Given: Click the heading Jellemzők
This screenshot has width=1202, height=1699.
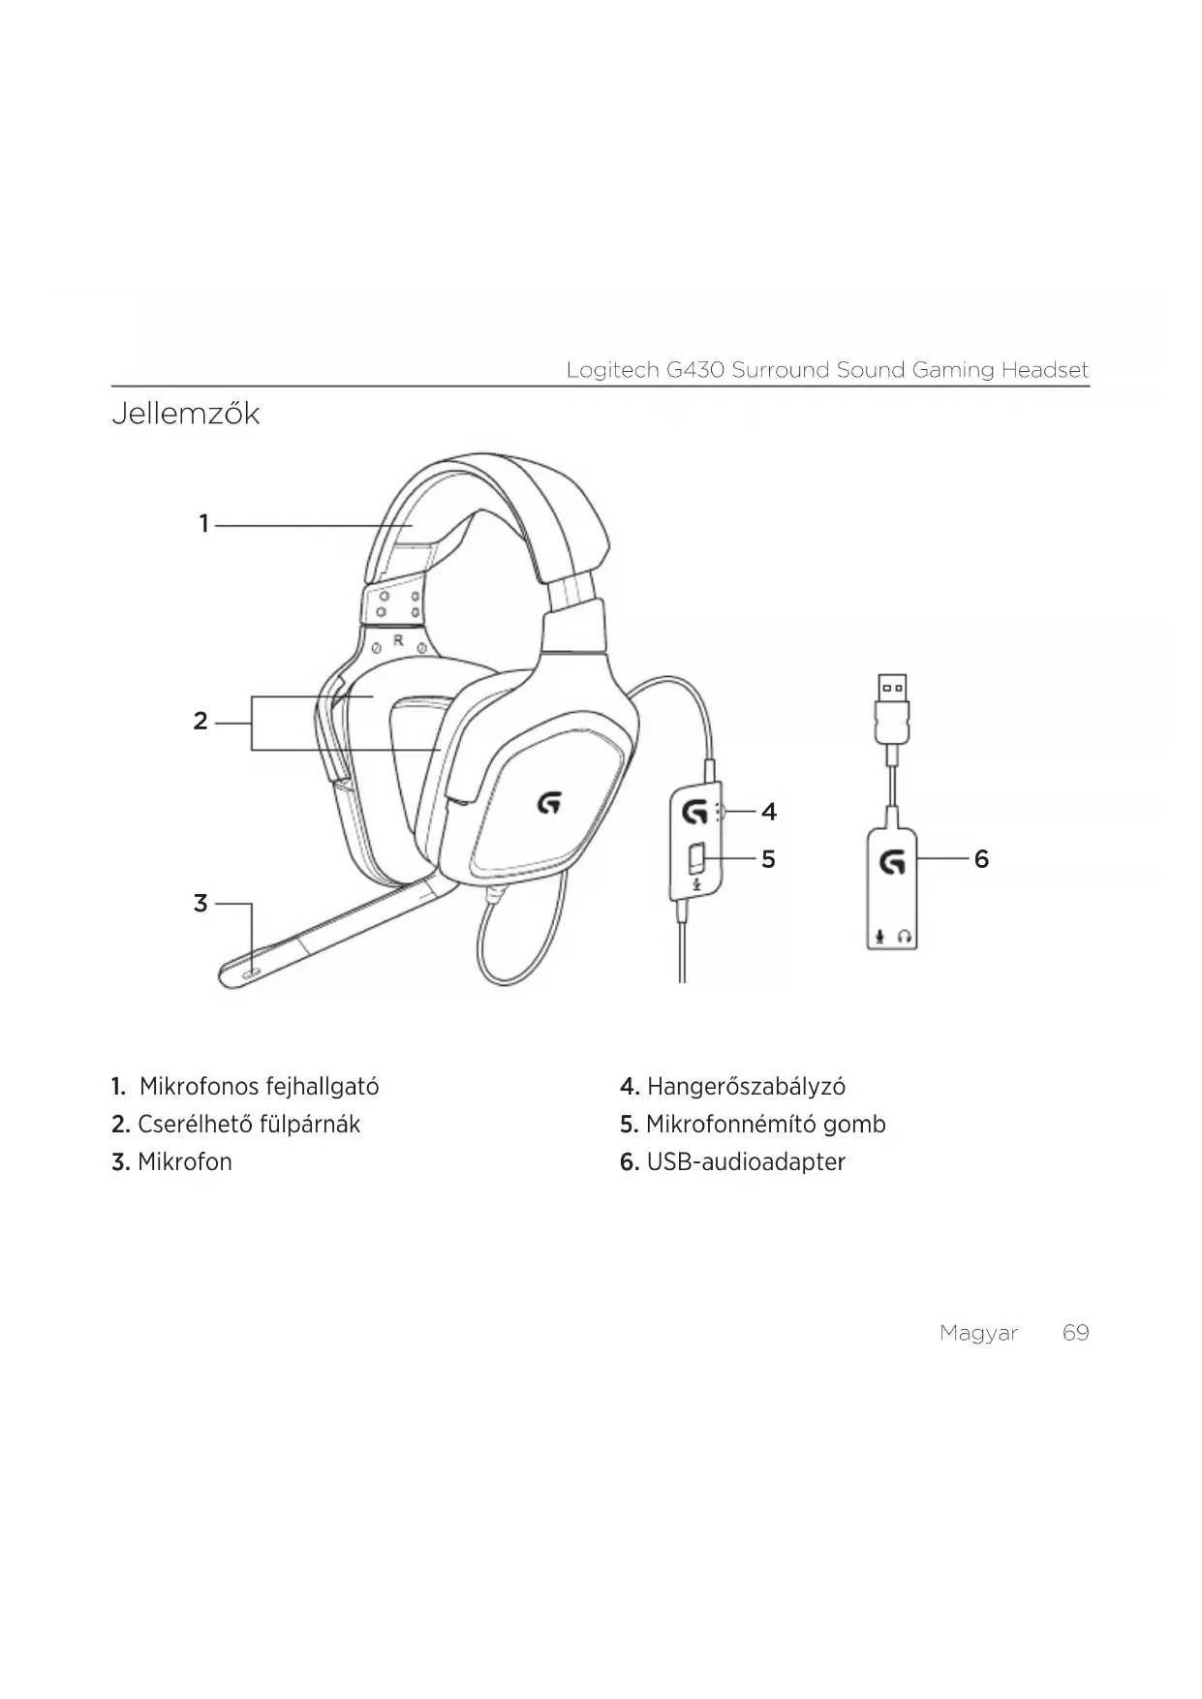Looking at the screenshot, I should tap(186, 414).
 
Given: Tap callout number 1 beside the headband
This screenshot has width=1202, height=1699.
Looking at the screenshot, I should tap(204, 524).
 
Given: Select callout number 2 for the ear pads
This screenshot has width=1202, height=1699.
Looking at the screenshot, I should tap(200, 722).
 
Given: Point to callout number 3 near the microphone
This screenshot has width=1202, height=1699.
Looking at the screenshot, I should tap(200, 904).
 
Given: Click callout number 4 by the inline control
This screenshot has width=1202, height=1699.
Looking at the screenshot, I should tap(769, 812).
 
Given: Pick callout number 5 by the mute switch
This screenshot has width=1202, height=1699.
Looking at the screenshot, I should tap(768, 859).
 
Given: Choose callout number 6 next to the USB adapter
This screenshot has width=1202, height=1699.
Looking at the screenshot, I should tap(981, 859).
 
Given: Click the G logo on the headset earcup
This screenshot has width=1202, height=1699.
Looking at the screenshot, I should tap(549, 802).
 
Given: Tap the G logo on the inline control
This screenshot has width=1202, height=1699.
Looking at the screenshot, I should tap(693, 812).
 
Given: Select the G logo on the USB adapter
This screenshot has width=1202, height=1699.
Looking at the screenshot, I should tap(892, 861).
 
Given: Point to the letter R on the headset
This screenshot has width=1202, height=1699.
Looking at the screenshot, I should tap(398, 641).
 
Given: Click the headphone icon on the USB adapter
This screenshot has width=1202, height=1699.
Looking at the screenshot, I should tap(905, 937).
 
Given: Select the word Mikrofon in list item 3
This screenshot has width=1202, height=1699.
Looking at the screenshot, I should tap(185, 1162).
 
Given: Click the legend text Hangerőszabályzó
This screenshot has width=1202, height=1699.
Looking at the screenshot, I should tap(746, 1087).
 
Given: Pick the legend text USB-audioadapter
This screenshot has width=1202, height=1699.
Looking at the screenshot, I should tap(746, 1162).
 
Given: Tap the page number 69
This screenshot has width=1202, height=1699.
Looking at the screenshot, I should tap(1075, 1333).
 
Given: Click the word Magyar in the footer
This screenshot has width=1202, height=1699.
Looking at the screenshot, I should tap(978, 1334).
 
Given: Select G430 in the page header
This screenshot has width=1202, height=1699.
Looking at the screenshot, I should tap(694, 370).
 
